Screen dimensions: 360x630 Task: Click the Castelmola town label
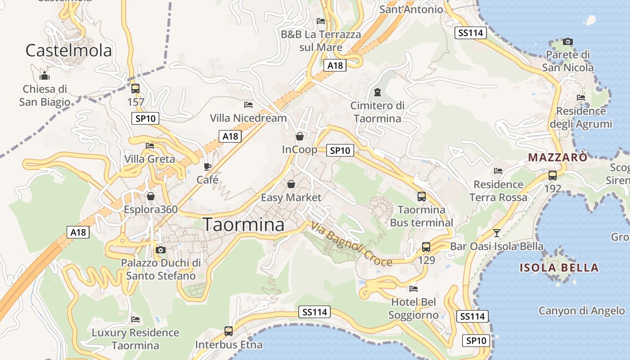68,50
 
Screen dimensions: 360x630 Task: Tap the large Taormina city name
244,225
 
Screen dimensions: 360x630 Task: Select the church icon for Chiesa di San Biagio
44,76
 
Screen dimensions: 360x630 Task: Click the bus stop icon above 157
135,89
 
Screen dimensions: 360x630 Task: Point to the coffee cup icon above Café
207,166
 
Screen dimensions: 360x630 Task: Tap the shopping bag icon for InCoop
299,136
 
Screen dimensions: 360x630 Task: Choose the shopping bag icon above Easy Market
291,184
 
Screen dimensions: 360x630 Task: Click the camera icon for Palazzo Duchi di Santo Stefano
161,250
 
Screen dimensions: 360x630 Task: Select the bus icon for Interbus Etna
229,331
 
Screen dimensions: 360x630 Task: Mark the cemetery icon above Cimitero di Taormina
377,92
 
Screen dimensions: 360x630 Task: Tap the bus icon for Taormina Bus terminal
422,196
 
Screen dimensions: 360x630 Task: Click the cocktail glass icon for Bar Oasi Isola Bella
497,233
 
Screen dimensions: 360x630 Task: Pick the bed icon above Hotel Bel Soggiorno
414,288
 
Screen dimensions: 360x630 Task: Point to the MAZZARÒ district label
558,157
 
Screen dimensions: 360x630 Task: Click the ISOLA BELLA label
559,268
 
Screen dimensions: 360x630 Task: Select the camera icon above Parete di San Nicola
568,41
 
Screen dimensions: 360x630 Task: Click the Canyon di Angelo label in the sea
581,310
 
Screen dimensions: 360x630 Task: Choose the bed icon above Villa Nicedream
248,105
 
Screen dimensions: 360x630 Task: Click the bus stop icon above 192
553,175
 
